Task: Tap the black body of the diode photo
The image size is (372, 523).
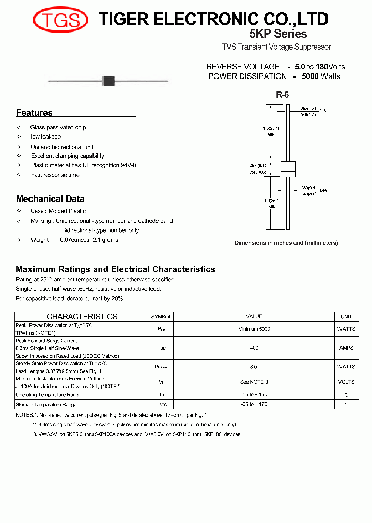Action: click(x=108, y=81)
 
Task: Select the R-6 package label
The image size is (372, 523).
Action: click(x=282, y=95)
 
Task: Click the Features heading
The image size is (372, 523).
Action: click(x=34, y=113)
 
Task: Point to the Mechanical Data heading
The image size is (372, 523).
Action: click(x=50, y=199)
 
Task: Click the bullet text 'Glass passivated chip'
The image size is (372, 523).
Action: click(x=58, y=127)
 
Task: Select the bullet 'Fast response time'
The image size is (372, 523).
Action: click(x=55, y=175)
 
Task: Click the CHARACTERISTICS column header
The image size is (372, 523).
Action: click(x=82, y=316)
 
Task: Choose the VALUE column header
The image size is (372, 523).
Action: click(x=254, y=316)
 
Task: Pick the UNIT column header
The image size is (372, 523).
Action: click(x=346, y=316)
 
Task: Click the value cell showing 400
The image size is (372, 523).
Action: click(x=254, y=348)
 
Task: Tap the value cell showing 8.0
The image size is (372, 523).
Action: click(x=254, y=367)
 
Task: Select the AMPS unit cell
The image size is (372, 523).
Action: click(x=346, y=348)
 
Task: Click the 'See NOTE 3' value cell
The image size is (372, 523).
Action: click(x=254, y=382)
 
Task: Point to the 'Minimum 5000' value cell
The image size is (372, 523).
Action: click(x=254, y=329)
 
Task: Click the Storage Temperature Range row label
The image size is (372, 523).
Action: click(x=46, y=404)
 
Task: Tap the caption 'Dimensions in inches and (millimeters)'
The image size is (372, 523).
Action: click(x=286, y=243)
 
